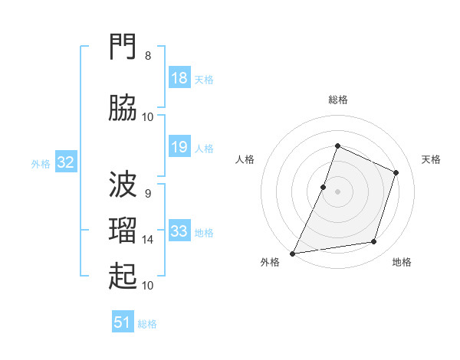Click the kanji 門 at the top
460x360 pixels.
coord(123,46)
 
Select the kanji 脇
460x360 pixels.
coord(123,108)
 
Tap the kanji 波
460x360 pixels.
coord(123,184)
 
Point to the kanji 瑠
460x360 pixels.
coord(123,230)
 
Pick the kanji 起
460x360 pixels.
coord(123,276)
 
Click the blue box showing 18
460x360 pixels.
coord(179,77)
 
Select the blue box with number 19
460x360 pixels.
coord(179,146)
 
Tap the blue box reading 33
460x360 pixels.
coord(179,230)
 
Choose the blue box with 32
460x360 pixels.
coord(66,162)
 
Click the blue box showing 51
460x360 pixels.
coord(123,321)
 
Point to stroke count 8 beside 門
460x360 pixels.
coord(148,56)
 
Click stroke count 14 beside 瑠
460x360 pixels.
coord(147,240)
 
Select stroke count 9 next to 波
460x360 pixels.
coord(148,194)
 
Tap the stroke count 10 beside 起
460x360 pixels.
coord(147,286)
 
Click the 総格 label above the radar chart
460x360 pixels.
coord(338,100)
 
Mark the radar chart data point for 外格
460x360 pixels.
coord(293,254)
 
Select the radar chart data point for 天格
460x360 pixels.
coord(396,172)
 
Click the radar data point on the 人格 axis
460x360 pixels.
coord(323,188)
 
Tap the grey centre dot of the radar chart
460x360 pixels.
coord(337,191)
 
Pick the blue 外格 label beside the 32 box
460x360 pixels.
coord(41,164)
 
